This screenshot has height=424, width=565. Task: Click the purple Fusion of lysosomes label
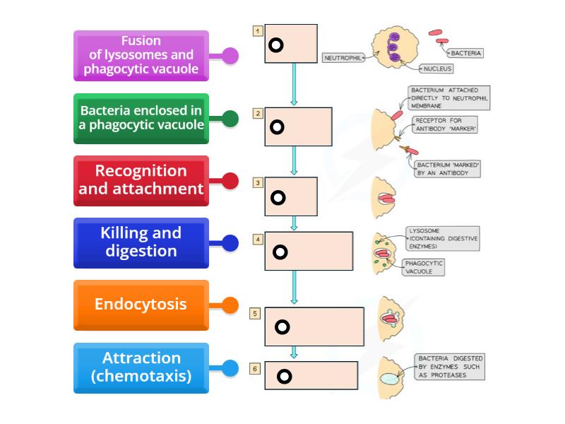tap(141, 55)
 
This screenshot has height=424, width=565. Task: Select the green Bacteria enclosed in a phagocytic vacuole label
tap(141, 118)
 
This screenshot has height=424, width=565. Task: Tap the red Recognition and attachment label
tap(141, 180)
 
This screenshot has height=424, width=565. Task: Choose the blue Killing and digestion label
tap(141, 242)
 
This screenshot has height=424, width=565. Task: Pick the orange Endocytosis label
tap(141, 305)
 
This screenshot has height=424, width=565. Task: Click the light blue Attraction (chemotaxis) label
tap(141, 367)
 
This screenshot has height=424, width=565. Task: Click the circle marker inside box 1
tap(276, 45)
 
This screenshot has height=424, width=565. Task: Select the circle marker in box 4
tap(280, 252)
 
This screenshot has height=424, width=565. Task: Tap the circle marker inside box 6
tap(284, 376)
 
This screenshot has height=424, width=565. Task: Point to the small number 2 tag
tap(258, 113)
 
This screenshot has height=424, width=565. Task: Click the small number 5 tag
tap(255, 312)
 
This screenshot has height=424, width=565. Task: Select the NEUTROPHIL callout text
tap(343, 58)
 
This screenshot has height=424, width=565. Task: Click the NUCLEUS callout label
tap(438, 69)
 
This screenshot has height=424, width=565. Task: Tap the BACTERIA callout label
tap(466, 53)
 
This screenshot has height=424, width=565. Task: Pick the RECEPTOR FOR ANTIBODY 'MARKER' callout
tap(447, 124)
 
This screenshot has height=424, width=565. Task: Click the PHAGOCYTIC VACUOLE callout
tap(424, 267)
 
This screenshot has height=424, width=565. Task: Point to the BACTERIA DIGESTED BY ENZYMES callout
tap(450, 367)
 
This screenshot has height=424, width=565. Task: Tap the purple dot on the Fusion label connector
tap(230, 56)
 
